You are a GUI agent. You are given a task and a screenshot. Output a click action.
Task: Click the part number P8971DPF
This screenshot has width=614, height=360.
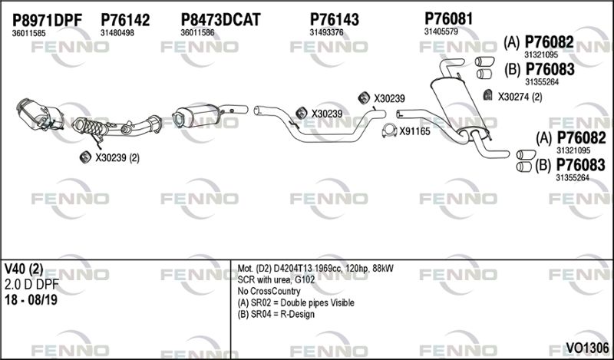(47, 20)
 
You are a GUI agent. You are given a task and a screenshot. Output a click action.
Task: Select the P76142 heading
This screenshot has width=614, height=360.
(125, 20)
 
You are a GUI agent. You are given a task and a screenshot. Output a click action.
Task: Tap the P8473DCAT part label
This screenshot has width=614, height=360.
(220, 20)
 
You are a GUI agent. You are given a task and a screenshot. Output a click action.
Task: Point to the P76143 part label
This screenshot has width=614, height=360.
(334, 19)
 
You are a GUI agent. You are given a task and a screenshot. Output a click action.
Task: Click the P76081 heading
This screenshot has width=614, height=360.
(449, 18)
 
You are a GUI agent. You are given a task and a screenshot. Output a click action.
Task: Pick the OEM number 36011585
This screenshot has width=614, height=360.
(28, 33)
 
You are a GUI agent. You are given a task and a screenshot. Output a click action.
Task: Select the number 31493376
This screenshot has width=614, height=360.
(326, 32)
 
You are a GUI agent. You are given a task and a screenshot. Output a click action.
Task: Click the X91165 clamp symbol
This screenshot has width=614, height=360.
(389, 131)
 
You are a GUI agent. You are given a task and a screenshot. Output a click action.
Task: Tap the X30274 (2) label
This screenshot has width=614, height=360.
(520, 97)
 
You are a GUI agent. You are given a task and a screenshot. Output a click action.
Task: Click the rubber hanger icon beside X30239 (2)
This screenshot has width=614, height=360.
(85, 157)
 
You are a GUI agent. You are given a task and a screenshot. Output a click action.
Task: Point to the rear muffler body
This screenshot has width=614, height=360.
(457, 105)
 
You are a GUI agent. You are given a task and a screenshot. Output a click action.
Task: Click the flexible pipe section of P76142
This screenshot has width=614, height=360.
(93, 127)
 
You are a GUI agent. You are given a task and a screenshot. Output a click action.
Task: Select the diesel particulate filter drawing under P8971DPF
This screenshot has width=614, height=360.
(40, 114)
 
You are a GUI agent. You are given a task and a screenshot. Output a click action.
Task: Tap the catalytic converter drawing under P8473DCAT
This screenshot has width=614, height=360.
(195, 116)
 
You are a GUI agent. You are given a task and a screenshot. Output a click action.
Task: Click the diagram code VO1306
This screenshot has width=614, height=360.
(586, 348)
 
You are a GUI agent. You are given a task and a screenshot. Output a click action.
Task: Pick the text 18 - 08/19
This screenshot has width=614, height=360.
(31, 300)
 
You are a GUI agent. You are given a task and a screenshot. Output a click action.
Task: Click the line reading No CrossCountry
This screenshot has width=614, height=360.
(269, 292)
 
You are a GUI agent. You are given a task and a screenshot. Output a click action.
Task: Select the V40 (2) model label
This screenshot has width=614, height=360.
(24, 269)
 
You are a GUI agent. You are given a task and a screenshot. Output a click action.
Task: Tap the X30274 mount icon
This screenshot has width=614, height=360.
(487, 95)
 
